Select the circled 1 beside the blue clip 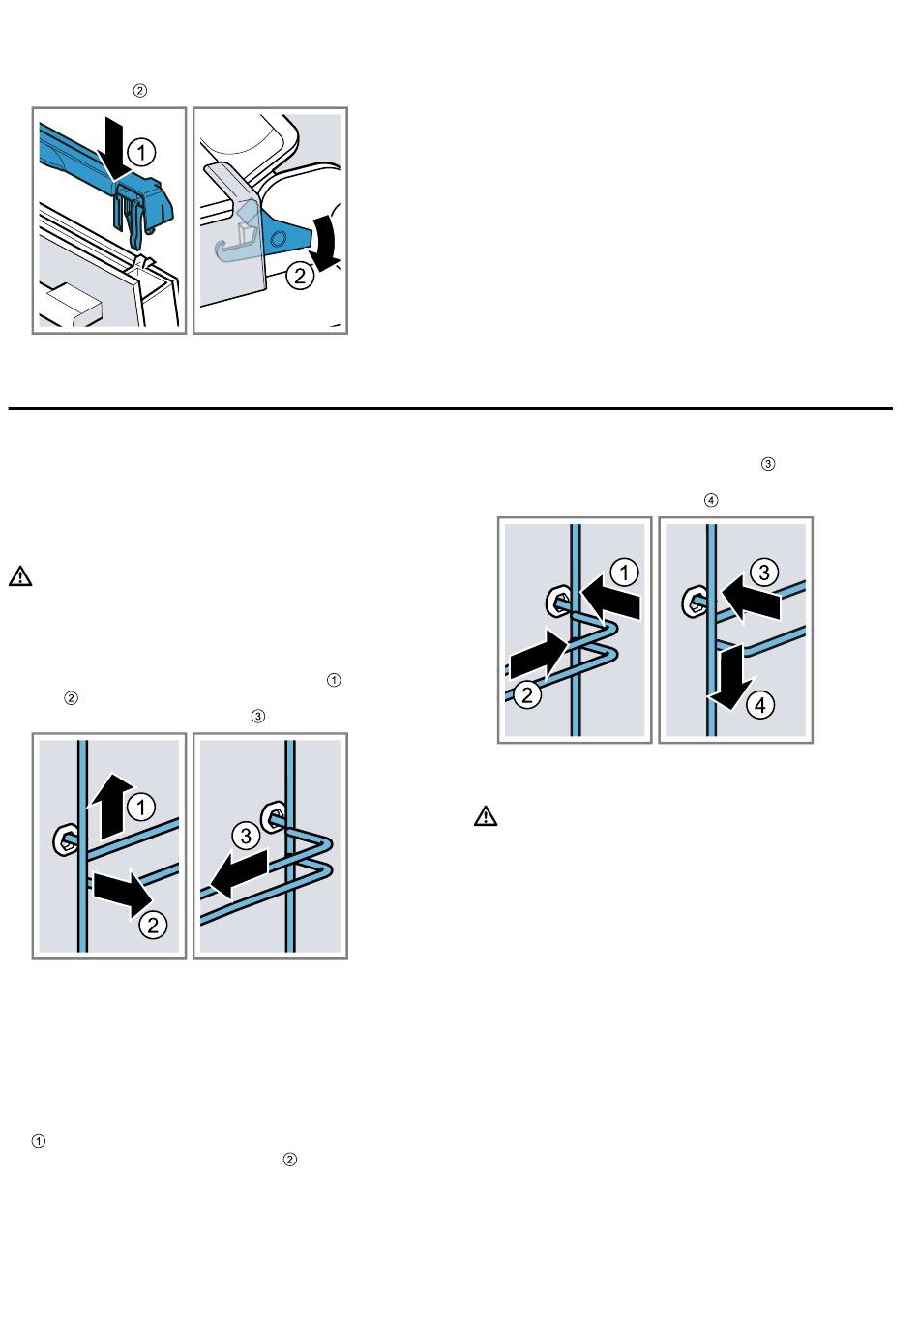[141, 152]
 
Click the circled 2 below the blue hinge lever [301, 277]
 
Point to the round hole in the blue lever [278, 237]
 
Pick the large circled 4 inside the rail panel [760, 705]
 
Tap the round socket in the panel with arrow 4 [694, 603]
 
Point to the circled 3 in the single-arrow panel [246, 835]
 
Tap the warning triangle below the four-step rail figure [485, 816]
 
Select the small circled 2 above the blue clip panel [139, 91]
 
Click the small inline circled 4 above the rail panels [711, 500]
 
